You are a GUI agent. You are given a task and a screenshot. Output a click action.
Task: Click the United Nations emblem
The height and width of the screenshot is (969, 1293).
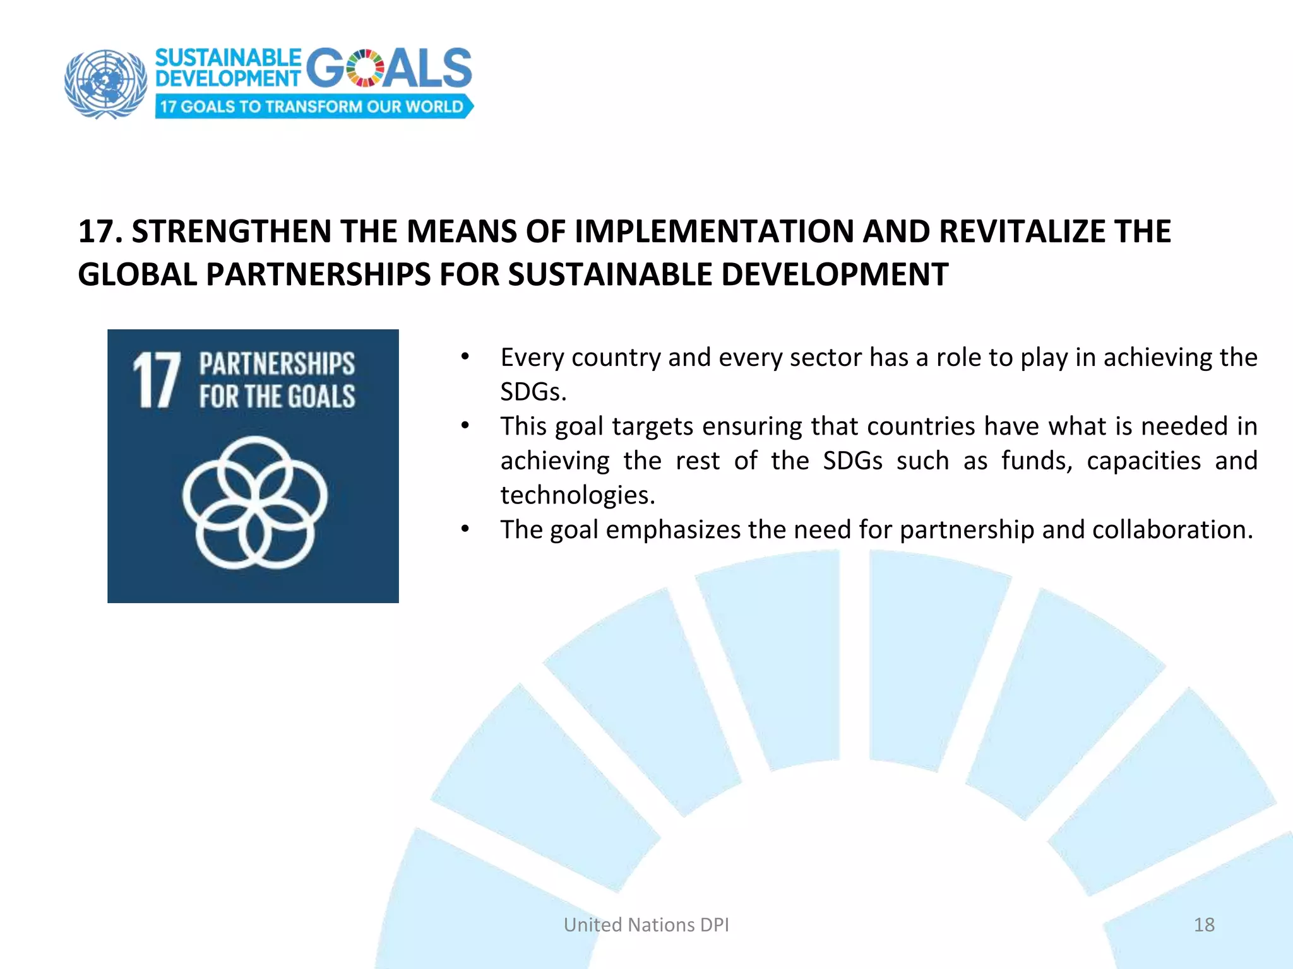coord(105,83)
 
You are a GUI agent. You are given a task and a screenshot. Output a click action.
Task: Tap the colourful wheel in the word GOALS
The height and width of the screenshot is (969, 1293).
coord(365,68)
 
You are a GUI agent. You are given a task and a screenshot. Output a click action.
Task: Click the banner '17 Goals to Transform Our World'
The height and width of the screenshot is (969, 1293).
coord(313,107)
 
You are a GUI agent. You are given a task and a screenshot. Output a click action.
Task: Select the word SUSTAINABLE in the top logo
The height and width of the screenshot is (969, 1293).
coord(228,58)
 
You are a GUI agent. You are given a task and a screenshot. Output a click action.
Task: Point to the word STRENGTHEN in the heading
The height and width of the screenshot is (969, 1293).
coord(231,232)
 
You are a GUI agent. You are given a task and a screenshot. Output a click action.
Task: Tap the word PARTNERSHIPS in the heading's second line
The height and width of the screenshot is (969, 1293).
coord(318,274)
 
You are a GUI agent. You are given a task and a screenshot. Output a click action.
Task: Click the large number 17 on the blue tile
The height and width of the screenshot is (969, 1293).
coord(156,380)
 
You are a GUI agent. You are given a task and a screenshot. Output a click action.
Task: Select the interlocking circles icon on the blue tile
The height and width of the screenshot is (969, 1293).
coord(254,502)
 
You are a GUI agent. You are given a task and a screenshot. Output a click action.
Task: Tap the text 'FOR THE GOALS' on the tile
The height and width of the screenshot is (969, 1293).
coord(277,397)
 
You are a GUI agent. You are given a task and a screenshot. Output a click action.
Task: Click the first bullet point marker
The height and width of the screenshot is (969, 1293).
coord(465,357)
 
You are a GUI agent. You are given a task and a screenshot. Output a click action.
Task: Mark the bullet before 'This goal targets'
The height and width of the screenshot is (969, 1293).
coord(465,426)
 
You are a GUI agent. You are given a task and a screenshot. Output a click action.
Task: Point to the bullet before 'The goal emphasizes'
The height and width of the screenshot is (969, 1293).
coord(465,529)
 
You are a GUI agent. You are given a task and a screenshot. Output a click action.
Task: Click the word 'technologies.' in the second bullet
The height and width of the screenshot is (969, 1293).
coord(578,495)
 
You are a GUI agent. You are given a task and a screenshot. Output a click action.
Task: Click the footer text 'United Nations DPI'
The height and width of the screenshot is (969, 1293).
coord(646,925)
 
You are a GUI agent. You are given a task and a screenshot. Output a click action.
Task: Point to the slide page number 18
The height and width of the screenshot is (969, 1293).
coord(1204,925)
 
